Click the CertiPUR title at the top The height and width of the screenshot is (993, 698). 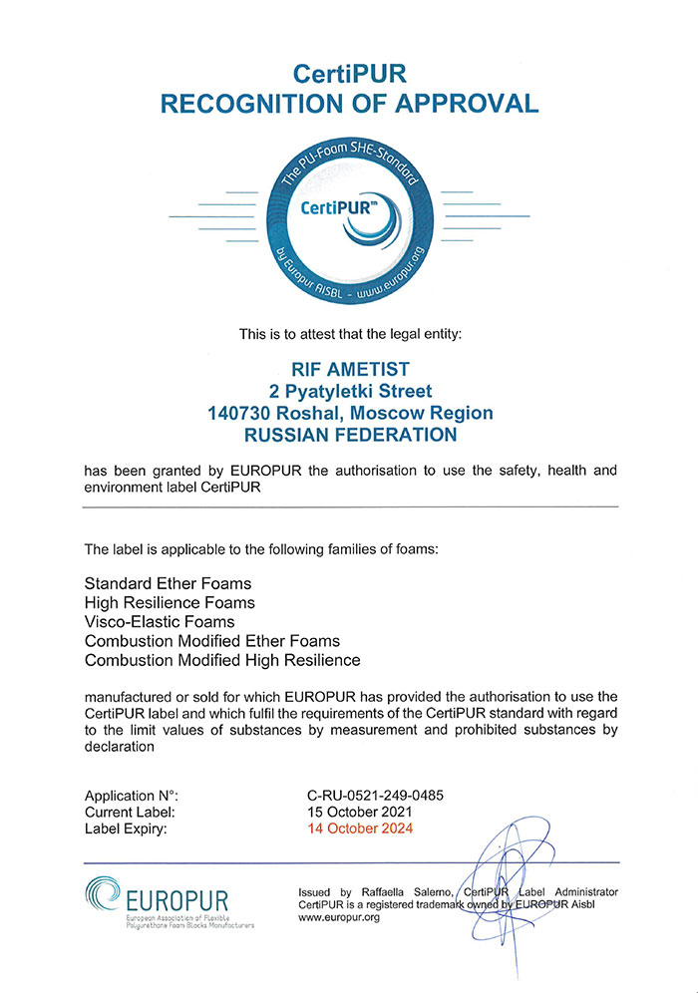point(350,73)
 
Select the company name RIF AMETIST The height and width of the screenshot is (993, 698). point(349,369)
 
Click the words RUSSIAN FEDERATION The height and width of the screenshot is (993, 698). point(349,435)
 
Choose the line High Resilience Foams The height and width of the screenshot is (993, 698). point(170,602)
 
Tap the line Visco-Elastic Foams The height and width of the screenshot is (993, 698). point(160,621)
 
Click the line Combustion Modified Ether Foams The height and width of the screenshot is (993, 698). point(212,641)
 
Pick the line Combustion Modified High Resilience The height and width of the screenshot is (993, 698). point(222,660)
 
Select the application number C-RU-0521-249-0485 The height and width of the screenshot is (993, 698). point(376,795)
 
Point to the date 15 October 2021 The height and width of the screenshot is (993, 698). point(361,812)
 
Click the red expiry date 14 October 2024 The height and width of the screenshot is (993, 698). point(361,828)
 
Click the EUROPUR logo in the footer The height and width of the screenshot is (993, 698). point(170,899)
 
